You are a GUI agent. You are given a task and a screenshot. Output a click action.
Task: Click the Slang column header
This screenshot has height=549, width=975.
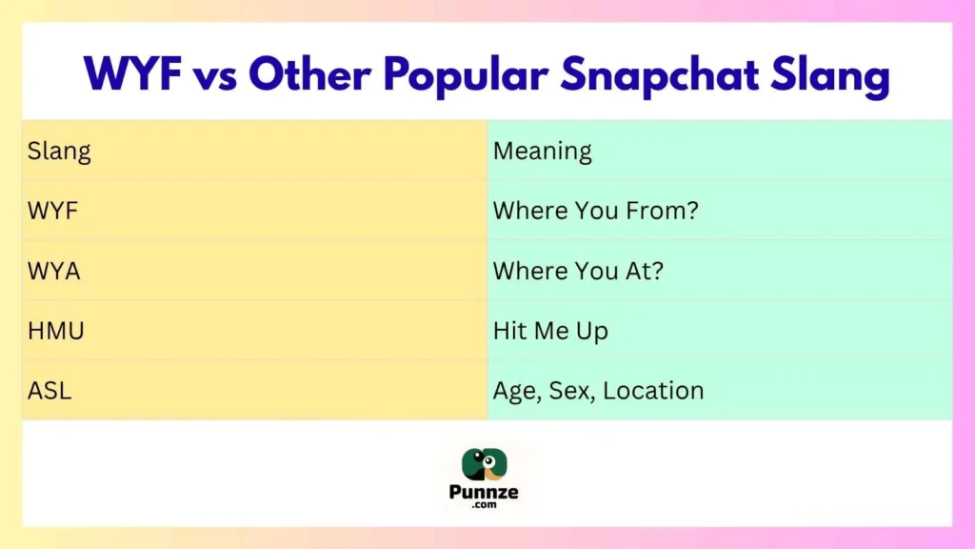[59, 151]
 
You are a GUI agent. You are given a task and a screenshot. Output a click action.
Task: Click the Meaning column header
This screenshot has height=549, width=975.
[542, 151]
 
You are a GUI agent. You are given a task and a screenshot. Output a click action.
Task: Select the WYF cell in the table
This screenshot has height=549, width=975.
[52, 211]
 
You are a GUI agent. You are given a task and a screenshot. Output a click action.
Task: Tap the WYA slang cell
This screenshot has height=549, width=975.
[54, 271]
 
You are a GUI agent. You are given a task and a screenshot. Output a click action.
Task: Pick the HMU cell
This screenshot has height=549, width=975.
[56, 331]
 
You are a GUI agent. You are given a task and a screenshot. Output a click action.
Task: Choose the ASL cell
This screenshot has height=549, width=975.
[50, 390]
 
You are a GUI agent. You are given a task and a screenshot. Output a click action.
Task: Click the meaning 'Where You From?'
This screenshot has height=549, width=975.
[595, 211]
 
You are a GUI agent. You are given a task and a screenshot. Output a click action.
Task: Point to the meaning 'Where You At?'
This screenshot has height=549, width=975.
[578, 271]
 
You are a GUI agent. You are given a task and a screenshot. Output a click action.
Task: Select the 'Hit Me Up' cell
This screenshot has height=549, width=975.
[550, 331]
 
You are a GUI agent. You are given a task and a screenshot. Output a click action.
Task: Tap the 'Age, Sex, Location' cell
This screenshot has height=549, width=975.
[598, 391]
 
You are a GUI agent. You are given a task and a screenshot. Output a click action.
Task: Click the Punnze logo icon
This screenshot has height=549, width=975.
[486, 463]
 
